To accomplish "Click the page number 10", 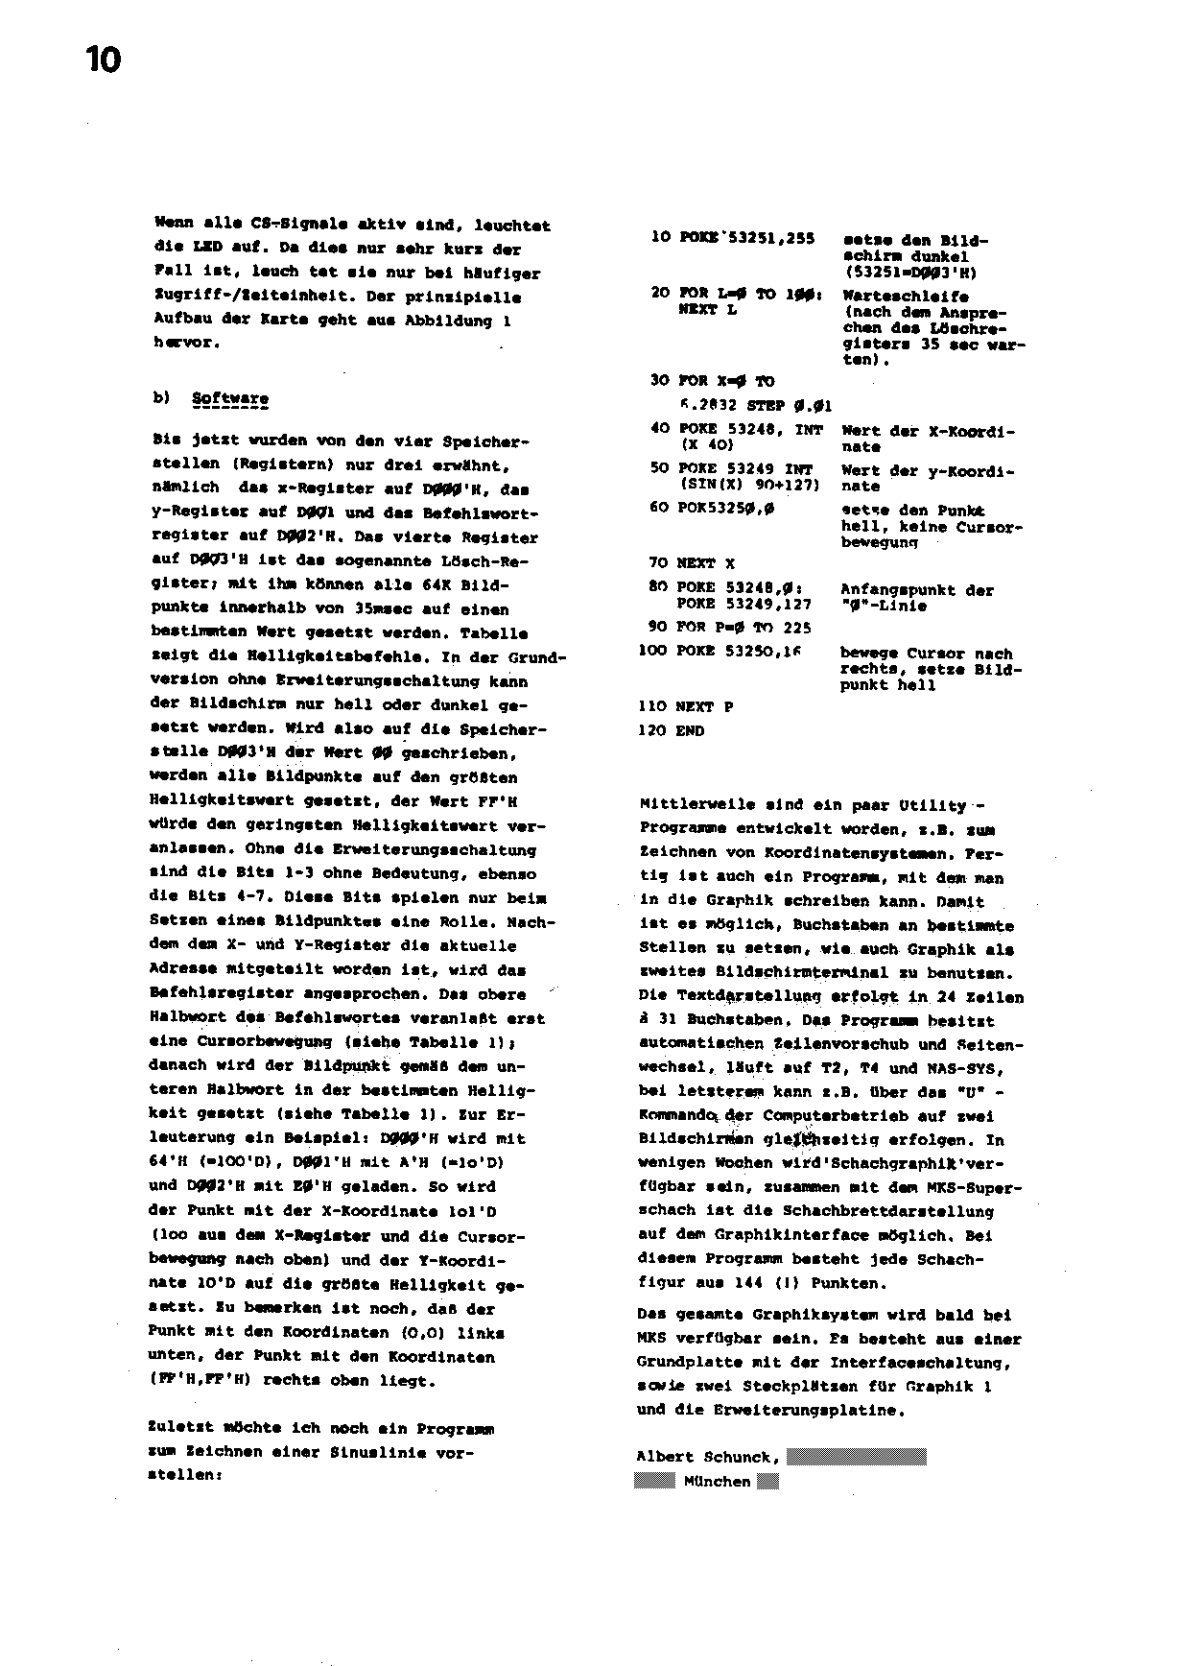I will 104,61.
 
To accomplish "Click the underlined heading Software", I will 230,398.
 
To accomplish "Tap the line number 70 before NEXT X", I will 658,563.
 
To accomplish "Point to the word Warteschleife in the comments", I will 905,297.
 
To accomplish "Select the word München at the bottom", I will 717,1482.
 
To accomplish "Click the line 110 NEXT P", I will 685,706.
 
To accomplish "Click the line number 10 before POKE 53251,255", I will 660,237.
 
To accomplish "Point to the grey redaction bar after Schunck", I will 856,1457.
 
